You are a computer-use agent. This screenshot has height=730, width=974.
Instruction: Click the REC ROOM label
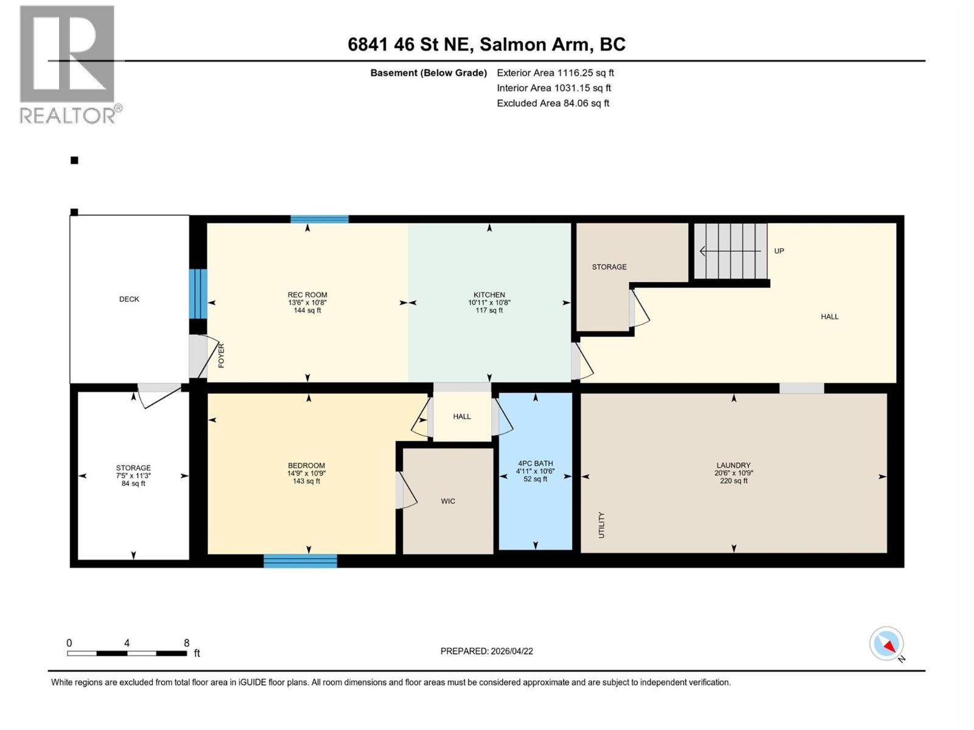click(307, 295)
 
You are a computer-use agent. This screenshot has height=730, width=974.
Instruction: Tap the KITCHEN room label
click(489, 295)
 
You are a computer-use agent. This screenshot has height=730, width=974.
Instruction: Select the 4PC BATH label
click(535, 464)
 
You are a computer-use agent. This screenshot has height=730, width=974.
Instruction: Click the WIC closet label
click(448, 501)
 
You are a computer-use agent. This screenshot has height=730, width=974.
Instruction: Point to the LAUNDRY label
click(734, 465)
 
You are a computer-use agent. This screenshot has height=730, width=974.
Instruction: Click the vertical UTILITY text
click(601, 524)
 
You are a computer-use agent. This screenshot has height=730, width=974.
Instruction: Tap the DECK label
click(129, 299)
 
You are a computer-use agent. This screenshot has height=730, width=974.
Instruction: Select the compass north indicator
click(886, 644)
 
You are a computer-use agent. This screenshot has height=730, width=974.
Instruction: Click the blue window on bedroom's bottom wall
click(300, 561)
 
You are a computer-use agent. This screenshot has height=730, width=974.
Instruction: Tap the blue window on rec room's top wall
click(320, 219)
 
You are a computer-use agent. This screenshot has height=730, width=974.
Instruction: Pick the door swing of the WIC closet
click(407, 490)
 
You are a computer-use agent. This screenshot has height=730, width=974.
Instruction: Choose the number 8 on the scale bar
click(187, 643)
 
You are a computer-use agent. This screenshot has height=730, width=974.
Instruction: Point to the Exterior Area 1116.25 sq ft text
click(555, 73)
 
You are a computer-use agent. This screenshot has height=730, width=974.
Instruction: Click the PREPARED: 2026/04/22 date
click(486, 651)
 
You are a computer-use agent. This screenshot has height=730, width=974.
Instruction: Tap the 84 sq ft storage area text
click(133, 484)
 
